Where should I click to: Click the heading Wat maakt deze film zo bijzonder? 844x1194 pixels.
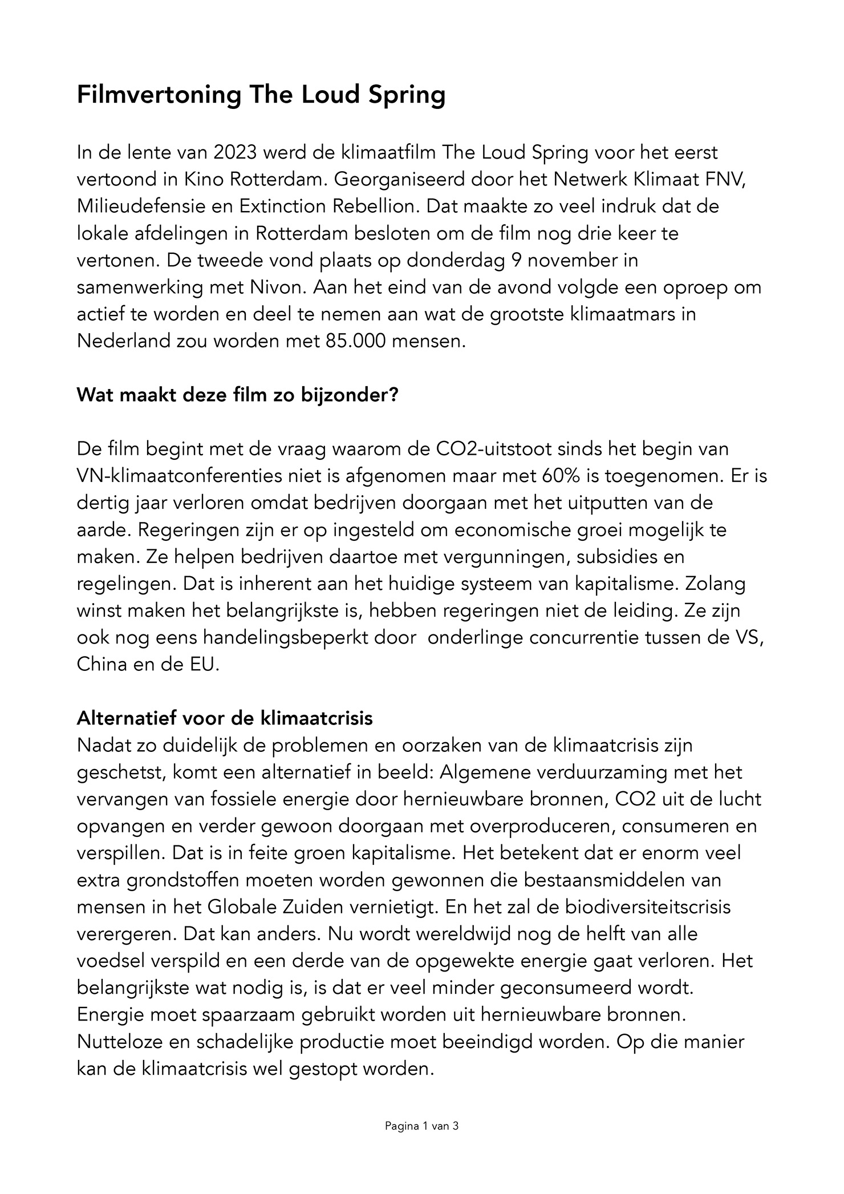237,395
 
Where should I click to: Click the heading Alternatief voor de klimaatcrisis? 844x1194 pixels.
225,718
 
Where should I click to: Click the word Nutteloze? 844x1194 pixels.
121,1042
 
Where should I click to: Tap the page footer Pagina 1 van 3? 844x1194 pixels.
422,1127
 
